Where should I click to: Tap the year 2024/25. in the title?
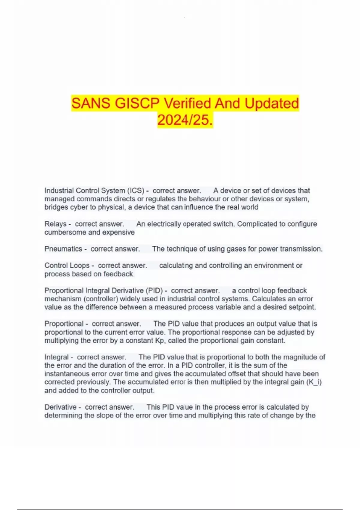click(x=185, y=120)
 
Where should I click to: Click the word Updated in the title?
click(x=272, y=103)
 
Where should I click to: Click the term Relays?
click(x=55, y=224)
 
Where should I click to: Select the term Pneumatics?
click(x=63, y=249)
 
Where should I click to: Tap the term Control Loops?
click(x=67, y=265)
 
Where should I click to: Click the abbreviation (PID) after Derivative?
click(x=154, y=290)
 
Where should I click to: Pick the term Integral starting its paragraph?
click(x=57, y=357)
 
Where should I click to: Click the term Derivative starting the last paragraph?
click(x=60, y=407)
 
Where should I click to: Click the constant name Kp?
click(x=160, y=340)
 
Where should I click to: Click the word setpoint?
click(x=302, y=307)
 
